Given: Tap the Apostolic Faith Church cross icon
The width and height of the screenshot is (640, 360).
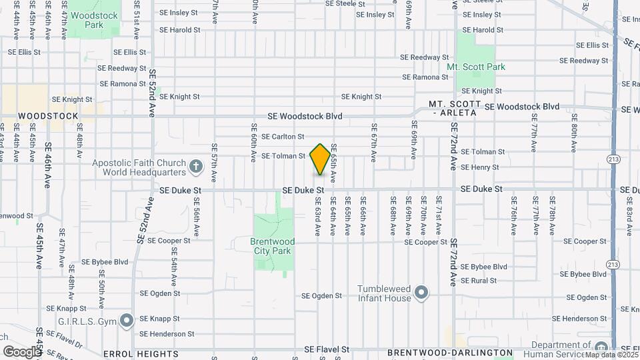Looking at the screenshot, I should click(x=195, y=166).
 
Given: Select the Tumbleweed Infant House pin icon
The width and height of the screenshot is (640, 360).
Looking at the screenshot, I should click(x=421, y=293).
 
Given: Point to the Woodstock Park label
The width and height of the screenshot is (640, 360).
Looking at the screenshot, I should click(x=94, y=20).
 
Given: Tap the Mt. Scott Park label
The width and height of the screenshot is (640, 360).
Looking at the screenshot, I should click(x=476, y=67).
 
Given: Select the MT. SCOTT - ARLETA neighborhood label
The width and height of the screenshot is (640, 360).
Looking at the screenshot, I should click(x=455, y=109).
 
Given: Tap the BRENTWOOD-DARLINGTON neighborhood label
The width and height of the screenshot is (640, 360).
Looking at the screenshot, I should click(x=450, y=352).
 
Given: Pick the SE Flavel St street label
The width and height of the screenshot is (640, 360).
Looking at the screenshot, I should click(x=327, y=349).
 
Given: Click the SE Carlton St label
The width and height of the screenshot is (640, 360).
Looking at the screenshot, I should click(x=283, y=136).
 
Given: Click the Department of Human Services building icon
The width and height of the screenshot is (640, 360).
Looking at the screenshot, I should click(x=601, y=347).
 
